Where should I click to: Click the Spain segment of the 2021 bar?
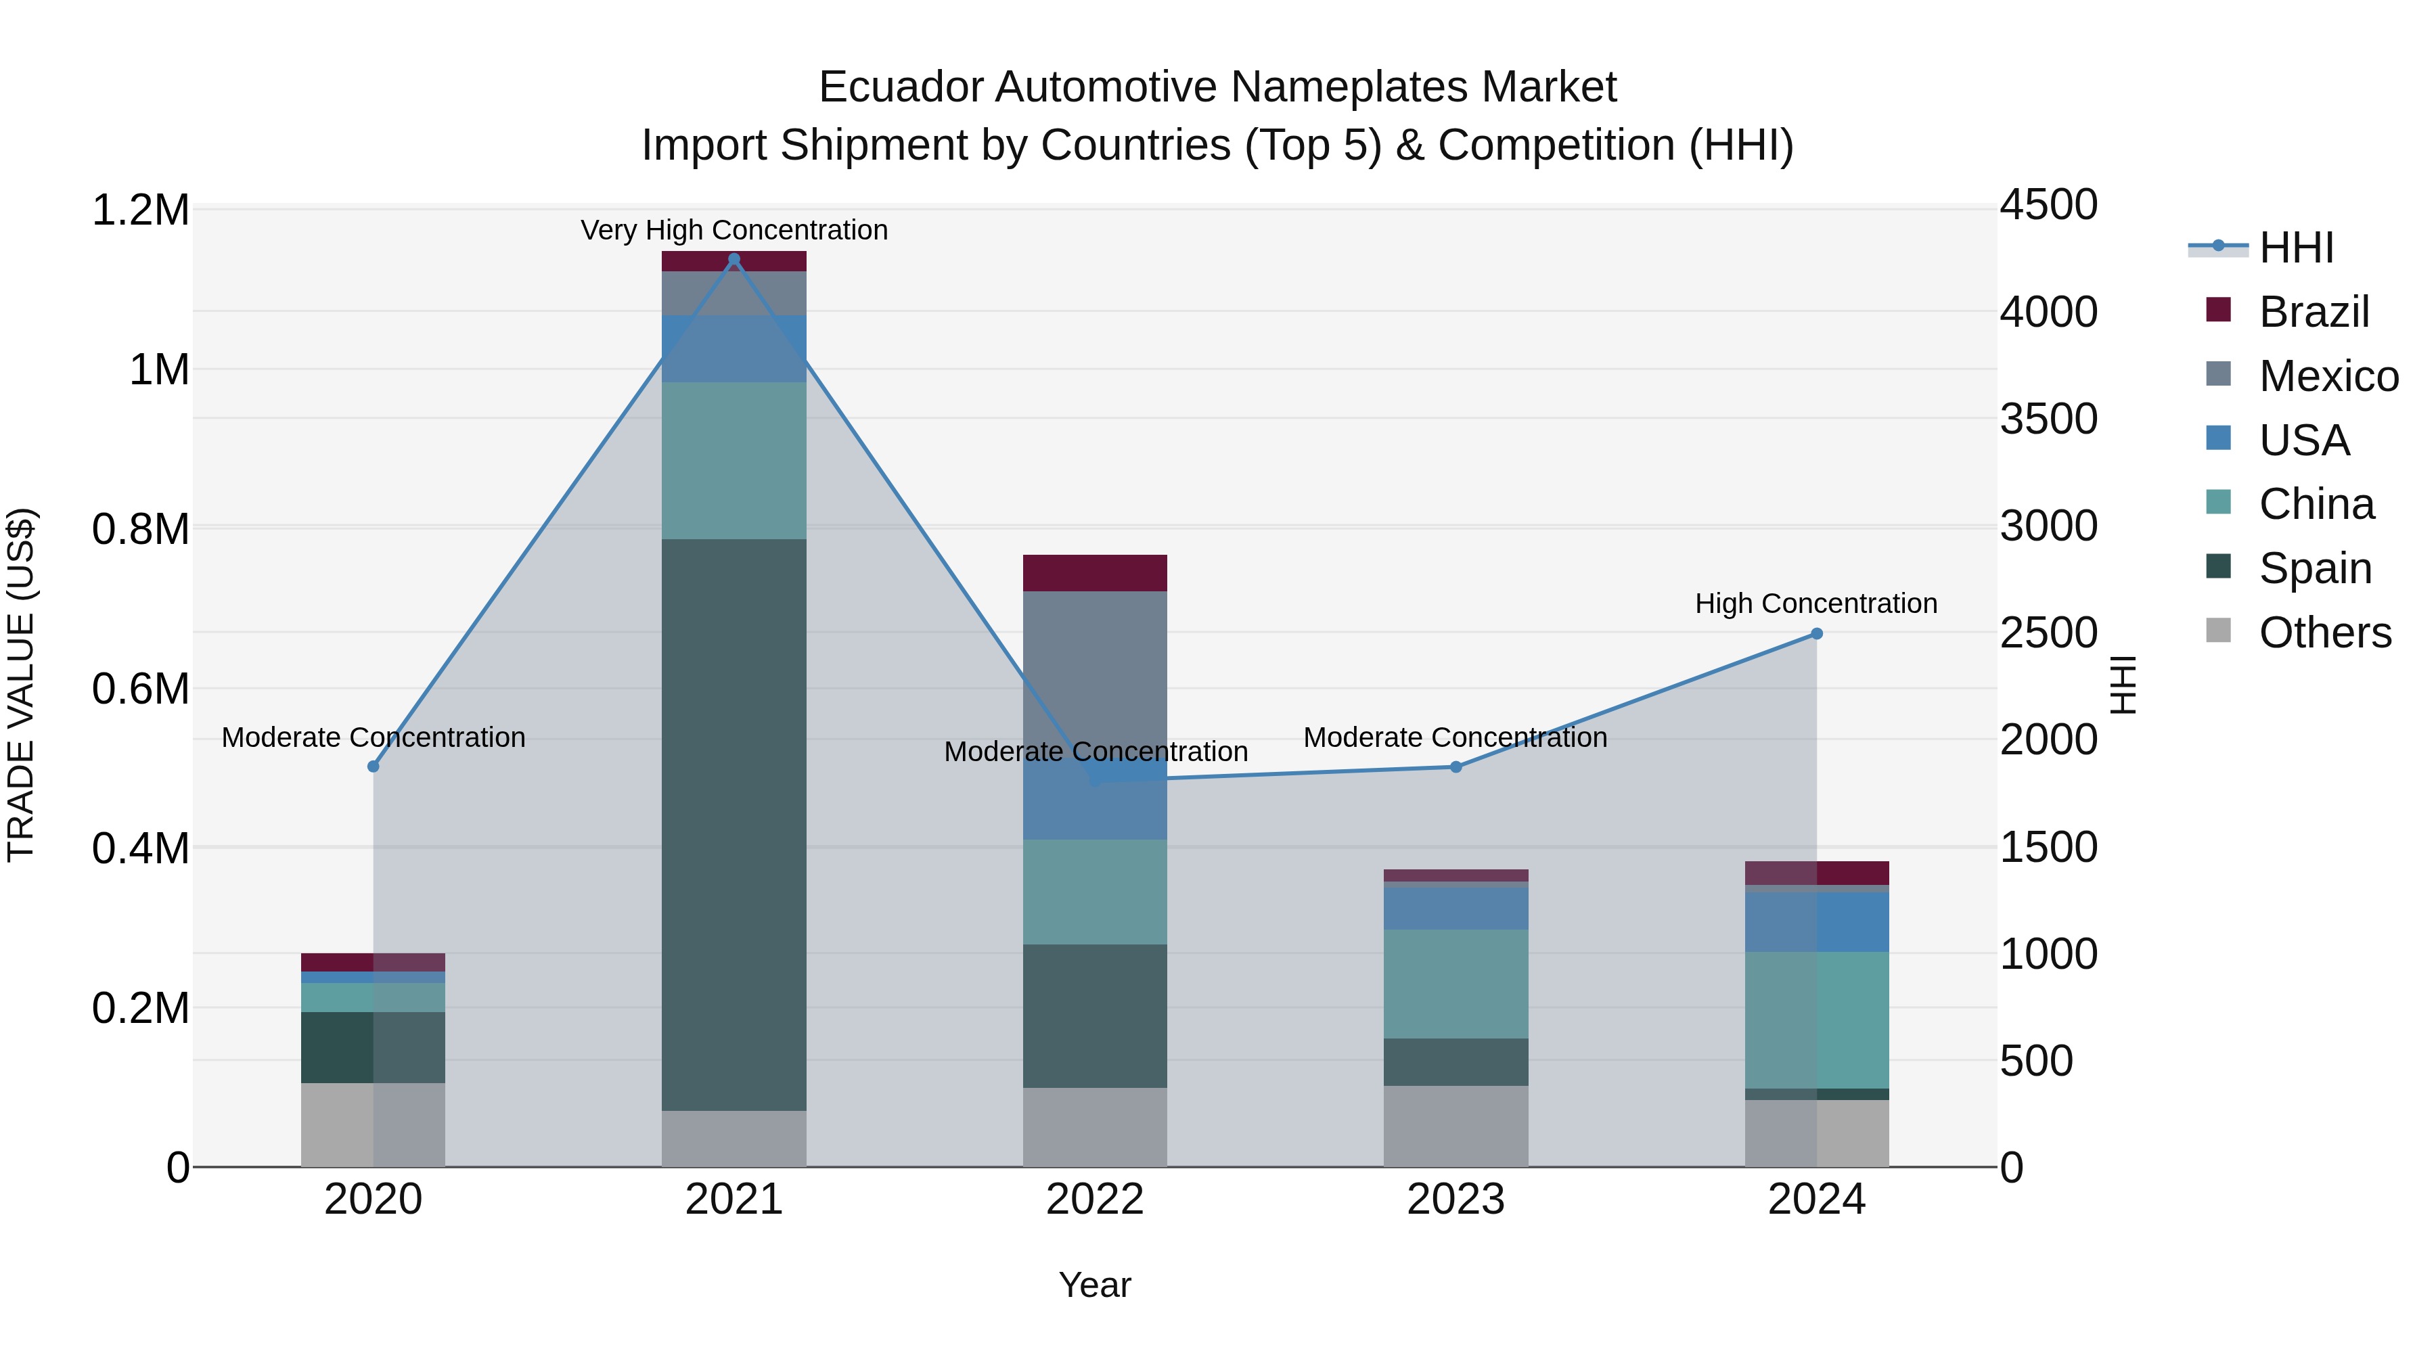[733, 825]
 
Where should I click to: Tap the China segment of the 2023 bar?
[1456, 983]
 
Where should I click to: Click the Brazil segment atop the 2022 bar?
[1094, 573]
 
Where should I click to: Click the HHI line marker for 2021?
[734, 259]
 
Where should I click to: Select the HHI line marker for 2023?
[1456, 767]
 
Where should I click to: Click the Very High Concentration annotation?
[734, 230]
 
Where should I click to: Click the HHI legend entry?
[2295, 248]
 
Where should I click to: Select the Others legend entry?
[2324, 633]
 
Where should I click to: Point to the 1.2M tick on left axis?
[140, 210]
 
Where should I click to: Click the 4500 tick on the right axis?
[2048, 205]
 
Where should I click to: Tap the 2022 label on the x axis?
[1094, 1200]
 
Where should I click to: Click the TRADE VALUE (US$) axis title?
[21, 685]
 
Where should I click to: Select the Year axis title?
[1094, 1285]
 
